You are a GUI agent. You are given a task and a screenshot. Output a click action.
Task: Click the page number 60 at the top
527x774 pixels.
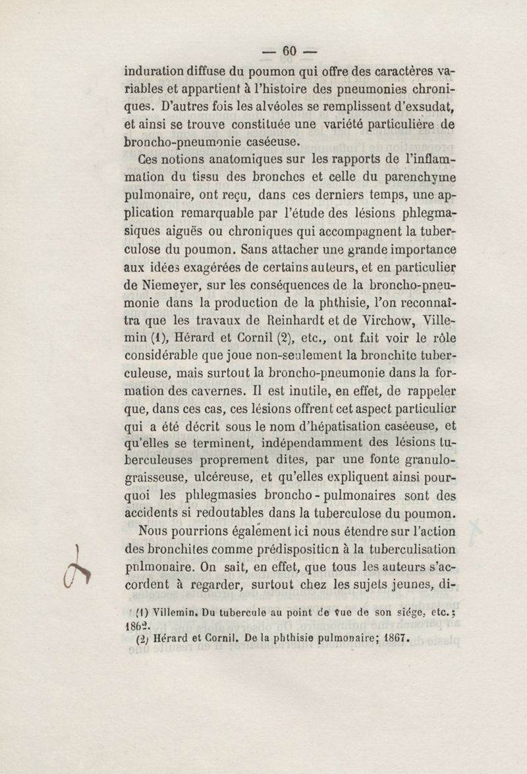(x=291, y=51)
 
